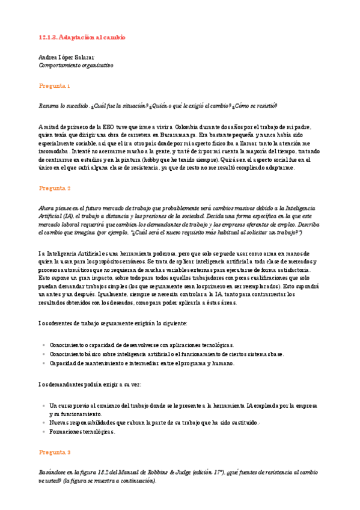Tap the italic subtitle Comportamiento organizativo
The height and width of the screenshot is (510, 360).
click(76, 64)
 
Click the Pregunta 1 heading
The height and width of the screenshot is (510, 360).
click(55, 85)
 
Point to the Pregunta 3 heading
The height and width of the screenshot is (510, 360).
click(55, 452)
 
